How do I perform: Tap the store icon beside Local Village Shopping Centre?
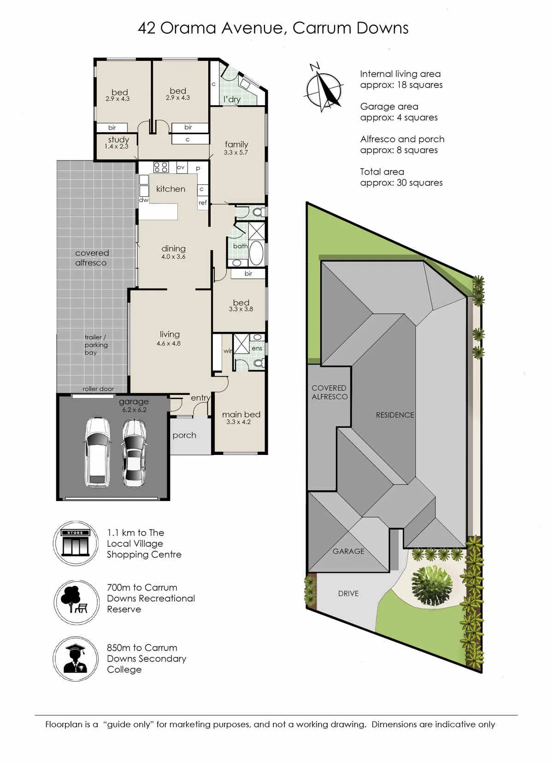pos(76,543)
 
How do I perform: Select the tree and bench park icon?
pos(76,603)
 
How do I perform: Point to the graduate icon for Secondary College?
pos(76,659)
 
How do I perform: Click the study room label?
pos(118,140)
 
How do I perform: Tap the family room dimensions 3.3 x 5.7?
pos(235,153)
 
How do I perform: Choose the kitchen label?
pos(171,189)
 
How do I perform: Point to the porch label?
pos(184,436)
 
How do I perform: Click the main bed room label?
pos(241,414)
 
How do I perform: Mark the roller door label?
pos(98,389)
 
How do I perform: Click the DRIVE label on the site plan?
pos(348,594)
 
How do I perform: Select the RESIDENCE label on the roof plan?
pos(395,415)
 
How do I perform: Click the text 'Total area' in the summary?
pos(382,172)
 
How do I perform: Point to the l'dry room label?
pos(232,99)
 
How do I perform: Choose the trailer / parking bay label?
pos(96,345)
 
